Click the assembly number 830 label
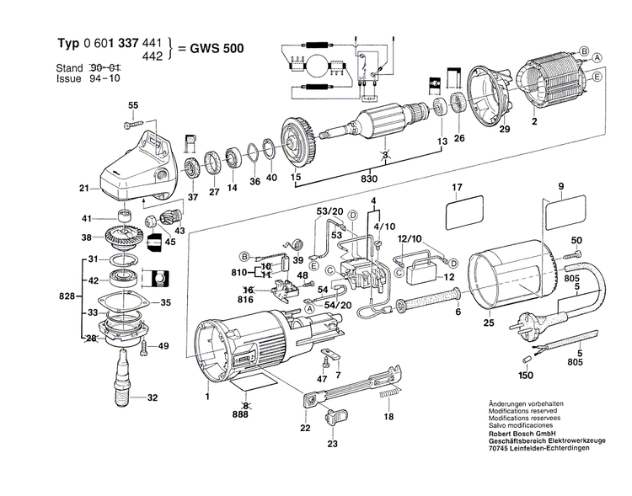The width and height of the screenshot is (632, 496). [369, 179]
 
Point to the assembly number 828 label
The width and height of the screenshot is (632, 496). [67, 296]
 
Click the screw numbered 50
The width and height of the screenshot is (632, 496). [574, 253]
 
